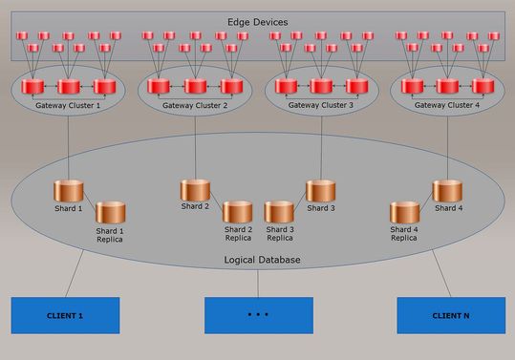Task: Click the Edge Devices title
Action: point(257,22)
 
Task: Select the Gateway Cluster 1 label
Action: point(68,105)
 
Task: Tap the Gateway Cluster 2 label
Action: point(195,105)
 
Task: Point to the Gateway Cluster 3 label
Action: point(321,105)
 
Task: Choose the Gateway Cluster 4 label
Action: point(447,105)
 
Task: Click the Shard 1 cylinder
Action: point(69,190)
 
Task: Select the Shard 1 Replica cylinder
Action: point(110,213)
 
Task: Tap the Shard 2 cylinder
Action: point(195,190)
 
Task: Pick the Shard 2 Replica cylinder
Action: point(238,212)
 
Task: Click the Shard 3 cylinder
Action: point(320,190)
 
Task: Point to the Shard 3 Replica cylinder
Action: point(279,212)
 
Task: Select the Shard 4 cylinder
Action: point(447,190)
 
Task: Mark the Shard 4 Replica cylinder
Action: point(404,212)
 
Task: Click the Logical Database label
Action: point(257,260)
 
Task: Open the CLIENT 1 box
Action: point(65,315)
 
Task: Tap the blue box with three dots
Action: point(258,315)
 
